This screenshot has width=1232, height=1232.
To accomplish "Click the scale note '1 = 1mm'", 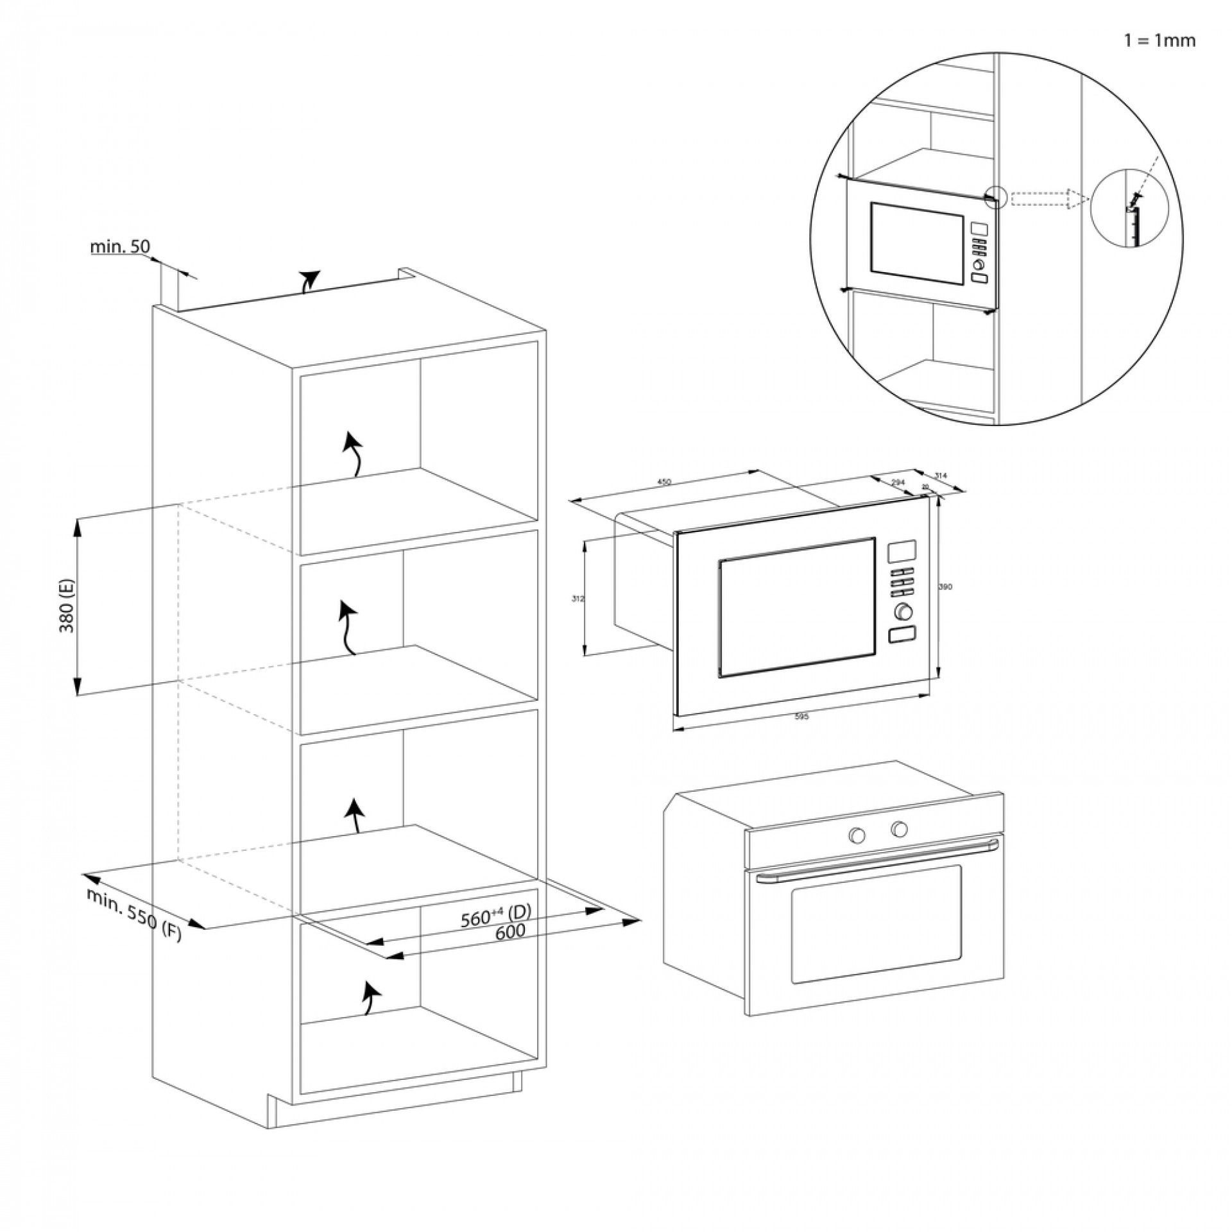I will (1159, 41).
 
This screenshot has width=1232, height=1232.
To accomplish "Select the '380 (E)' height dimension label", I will (67, 606).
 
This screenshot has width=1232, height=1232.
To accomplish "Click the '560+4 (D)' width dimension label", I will (497, 917).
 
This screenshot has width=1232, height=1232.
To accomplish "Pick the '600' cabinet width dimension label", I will (510, 931).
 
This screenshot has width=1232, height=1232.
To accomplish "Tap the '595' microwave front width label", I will (801, 716).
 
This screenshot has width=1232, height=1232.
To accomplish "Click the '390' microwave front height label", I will (945, 586).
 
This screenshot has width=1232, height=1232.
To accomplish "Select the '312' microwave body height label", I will (577, 599).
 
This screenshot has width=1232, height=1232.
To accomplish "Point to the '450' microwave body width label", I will (663, 482).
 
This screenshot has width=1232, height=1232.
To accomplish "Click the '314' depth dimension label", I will (941, 475).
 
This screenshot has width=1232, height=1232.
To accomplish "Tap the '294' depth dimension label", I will (898, 481).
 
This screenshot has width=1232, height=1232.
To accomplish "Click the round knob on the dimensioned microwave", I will (902, 612).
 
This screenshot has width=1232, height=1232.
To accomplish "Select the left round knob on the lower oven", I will (857, 835).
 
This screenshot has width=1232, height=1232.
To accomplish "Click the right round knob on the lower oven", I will (899, 829).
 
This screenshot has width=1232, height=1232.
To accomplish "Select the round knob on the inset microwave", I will (979, 264).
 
